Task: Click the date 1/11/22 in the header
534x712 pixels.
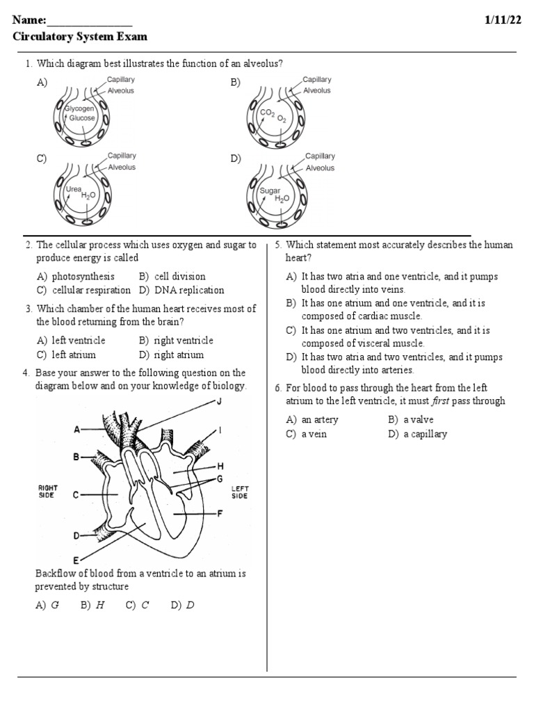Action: coord(502,20)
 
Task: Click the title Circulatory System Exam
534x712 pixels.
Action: coord(80,37)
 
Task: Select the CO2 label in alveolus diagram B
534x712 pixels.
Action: coord(266,113)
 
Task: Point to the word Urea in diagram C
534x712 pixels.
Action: coord(73,188)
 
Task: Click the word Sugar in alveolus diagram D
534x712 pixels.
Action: coord(269,191)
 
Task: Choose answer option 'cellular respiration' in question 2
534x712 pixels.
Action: coord(90,290)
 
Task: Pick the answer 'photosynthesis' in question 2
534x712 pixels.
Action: coord(83,276)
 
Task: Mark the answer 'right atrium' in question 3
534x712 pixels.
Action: coord(179,355)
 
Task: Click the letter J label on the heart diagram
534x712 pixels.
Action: coord(219,402)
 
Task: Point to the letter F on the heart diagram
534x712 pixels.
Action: coord(220,514)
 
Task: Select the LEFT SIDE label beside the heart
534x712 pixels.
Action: coord(239,492)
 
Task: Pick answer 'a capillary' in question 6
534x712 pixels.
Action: coord(425,434)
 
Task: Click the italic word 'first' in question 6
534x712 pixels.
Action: coord(437,400)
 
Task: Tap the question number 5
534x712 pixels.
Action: coord(277,245)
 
